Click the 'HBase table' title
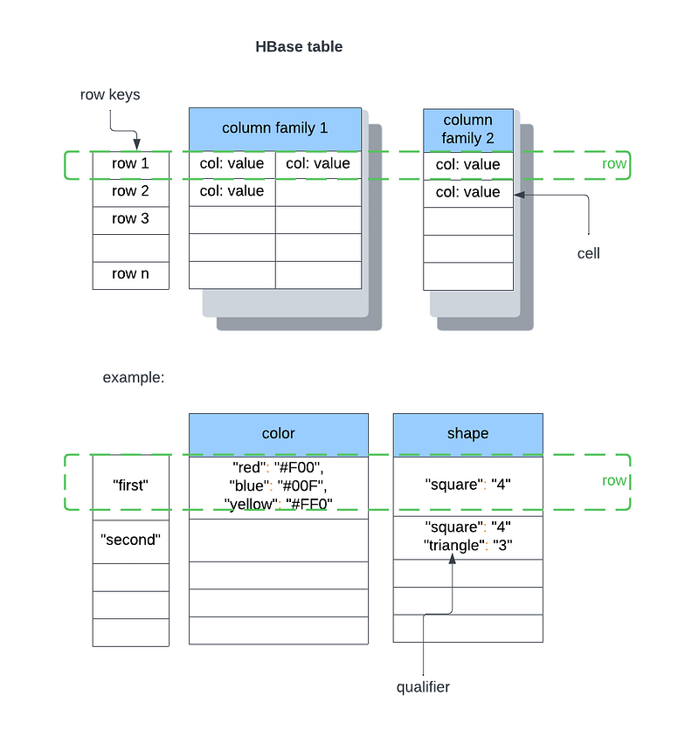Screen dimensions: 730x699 click(x=299, y=47)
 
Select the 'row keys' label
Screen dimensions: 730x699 click(x=109, y=94)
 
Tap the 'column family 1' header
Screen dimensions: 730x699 click(x=274, y=127)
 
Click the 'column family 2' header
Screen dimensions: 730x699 click(x=467, y=128)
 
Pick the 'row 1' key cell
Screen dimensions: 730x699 click(x=130, y=163)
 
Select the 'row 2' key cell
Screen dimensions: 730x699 click(x=130, y=191)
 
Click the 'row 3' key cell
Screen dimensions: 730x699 click(x=130, y=219)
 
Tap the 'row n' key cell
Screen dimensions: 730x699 click(x=130, y=274)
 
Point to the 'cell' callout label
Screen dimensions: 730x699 click(x=588, y=253)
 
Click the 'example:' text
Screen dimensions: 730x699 click(x=134, y=377)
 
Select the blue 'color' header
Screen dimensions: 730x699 click(x=278, y=434)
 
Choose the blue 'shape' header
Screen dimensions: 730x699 click(x=467, y=434)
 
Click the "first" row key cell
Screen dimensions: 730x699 click(x=130, y=485)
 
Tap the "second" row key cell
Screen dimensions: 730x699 click(x=130, y=541)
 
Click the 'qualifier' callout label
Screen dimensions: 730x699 click(x=423, y=687)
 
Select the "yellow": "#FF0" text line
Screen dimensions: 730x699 click(x=279, y=504)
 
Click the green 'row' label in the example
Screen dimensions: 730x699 click(x=614, y=481)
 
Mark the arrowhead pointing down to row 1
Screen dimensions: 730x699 click(x=136, y=145)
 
